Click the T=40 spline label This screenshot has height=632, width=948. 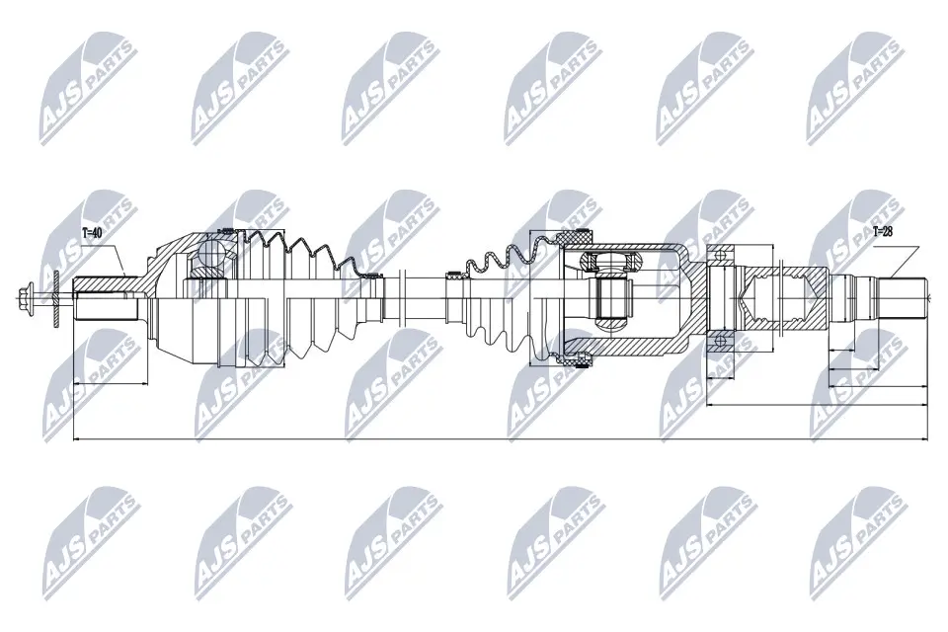click(x=92, y=233)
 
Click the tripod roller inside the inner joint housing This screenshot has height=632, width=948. click(x=613, y=295)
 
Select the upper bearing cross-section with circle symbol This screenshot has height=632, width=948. click(x=721, y=257)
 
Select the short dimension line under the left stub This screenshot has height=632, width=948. click(x=110, y=382)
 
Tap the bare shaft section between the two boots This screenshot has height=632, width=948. click(x=420, y=295)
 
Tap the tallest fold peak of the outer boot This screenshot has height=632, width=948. click(x=263, y=237)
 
